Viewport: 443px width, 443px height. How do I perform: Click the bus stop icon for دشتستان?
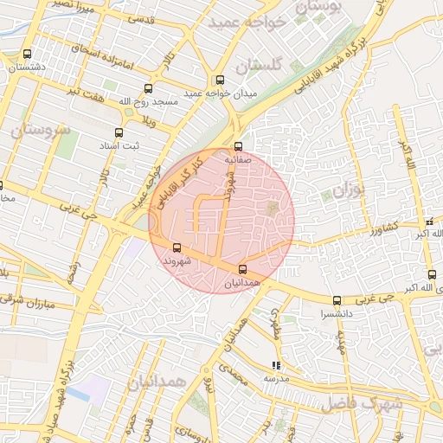[27, 54]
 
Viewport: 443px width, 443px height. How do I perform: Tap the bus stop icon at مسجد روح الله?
[148, 88]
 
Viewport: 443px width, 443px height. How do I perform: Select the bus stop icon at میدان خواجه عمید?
[220, 80]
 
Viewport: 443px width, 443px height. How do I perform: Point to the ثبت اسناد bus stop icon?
[119, 133]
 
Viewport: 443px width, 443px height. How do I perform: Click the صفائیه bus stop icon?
[239, 146]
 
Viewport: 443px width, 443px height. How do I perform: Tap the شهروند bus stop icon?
[177, 247]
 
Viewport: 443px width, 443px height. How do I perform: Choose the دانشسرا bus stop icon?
[337, 301]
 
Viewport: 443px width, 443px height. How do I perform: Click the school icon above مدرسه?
[276, 366]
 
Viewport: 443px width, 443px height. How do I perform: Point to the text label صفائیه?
[238, 160]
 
